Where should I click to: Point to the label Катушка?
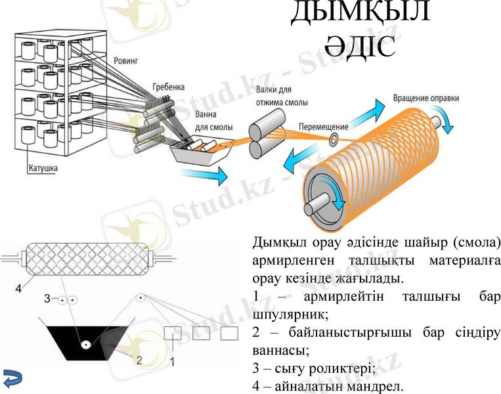coord(43,168)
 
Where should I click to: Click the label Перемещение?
coord(325,125)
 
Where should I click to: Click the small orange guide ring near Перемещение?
coord(335,139)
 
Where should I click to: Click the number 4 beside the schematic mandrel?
coord(18,287)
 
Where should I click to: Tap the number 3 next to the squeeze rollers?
coord(47,299)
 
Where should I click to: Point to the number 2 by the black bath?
coord(139,360)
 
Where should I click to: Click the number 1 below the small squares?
coord(173,361)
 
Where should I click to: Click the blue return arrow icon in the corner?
coord(12,378)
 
